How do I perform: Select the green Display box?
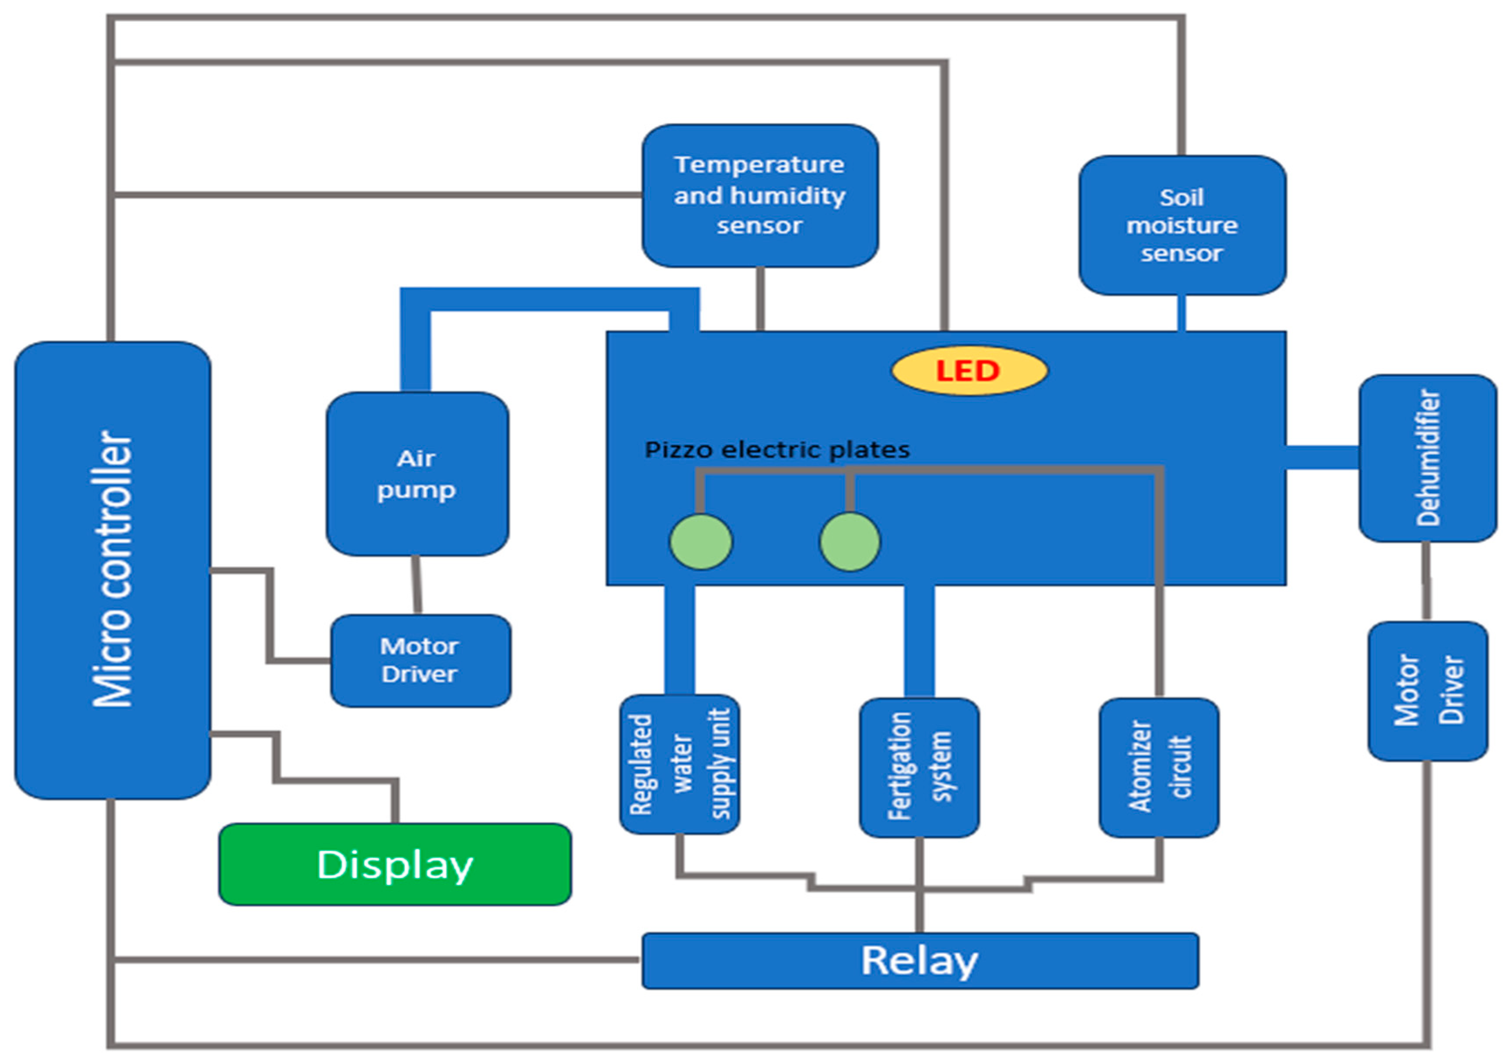point(395,864)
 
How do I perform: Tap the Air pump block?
point(417,473)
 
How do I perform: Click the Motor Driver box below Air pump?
point(420,660)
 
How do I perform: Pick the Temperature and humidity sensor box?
point(760,195)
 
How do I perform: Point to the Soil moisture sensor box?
point(1182,225)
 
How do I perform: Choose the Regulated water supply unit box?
point(680,764)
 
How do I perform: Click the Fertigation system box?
point(919,767)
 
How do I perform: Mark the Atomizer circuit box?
point(1159,767)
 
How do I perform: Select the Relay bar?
point(919,961)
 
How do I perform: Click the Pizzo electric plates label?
point(777,450)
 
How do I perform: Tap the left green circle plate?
point(700,542)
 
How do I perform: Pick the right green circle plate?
point(850,542)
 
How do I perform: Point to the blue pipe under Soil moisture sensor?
point(1181,313)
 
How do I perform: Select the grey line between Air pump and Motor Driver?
point(416,585)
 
